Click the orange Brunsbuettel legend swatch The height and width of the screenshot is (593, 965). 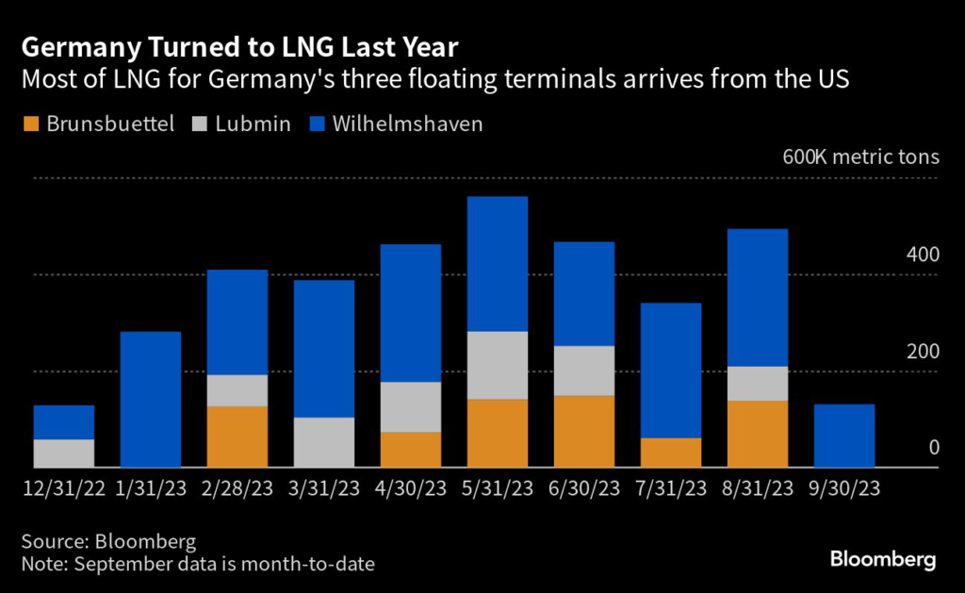[31, 124]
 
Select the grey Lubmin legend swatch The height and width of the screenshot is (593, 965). [201, 124]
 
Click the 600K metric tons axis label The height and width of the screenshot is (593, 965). [860, 156]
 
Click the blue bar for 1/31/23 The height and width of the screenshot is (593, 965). [150, 399]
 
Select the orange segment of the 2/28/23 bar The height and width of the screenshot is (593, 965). [237, 437]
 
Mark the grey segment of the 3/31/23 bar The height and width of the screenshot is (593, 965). [323, 442]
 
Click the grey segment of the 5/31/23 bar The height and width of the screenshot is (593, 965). [497, 365]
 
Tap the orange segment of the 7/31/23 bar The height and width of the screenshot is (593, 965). [670, 453]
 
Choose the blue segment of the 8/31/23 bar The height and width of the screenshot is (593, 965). [757, 297]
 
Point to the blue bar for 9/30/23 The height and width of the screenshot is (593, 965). [843, 436]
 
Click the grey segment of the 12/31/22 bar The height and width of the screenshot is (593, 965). [63, 453]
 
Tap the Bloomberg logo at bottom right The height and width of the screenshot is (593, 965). [883, 559]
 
